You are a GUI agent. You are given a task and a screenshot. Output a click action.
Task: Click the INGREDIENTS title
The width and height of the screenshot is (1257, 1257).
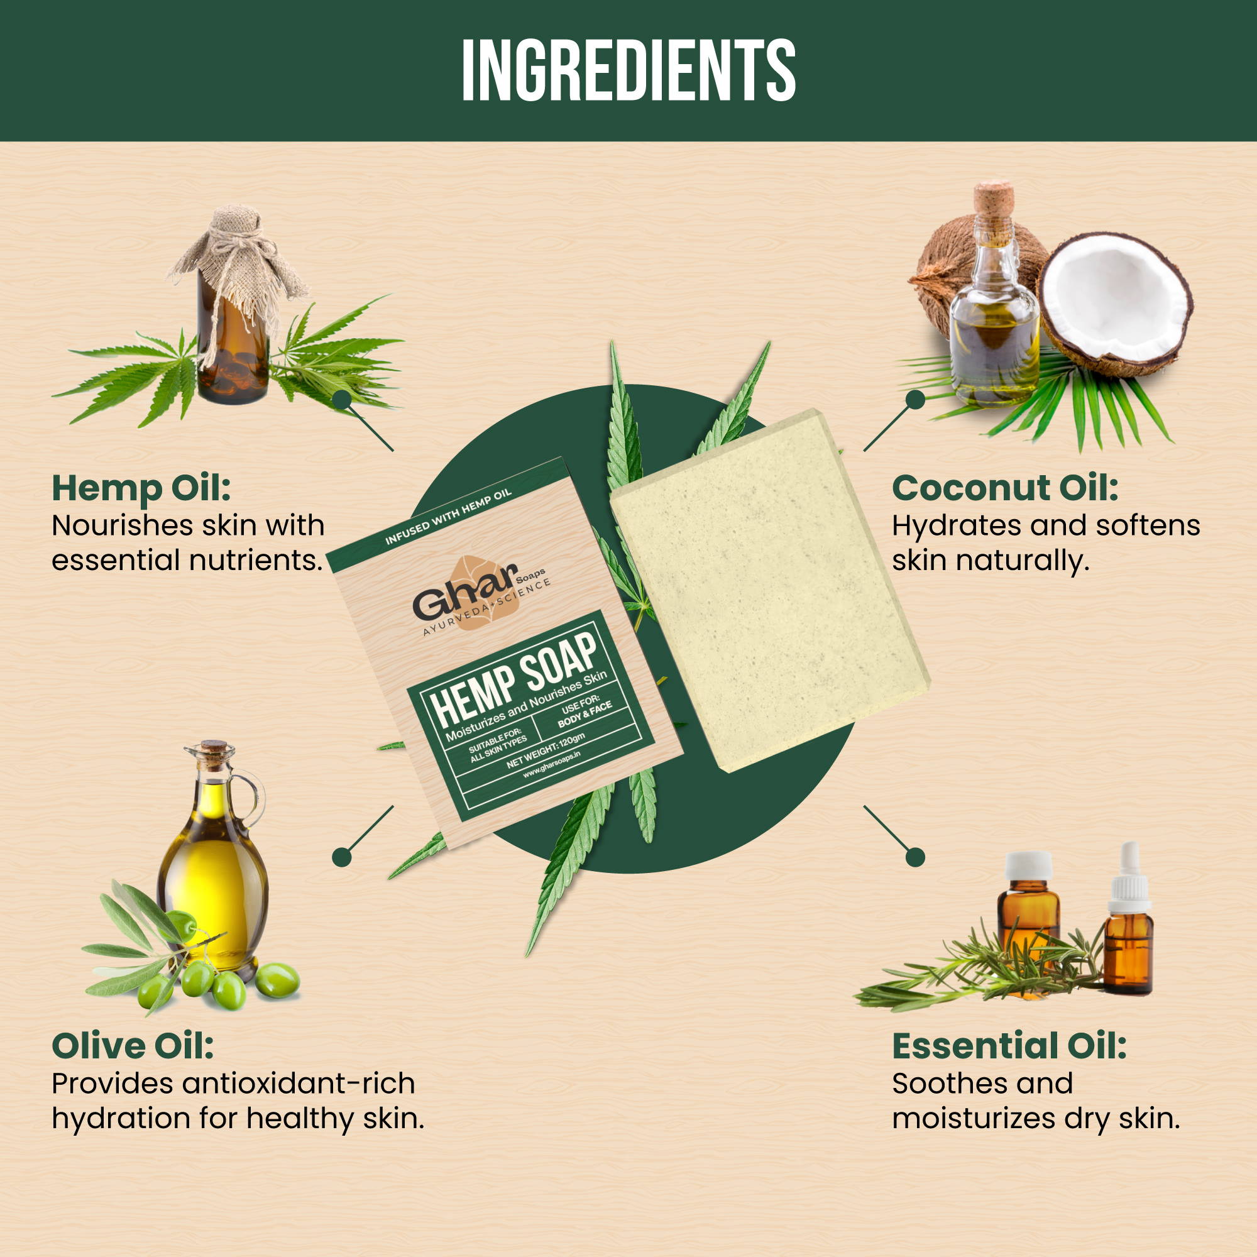click(x=628, y=70)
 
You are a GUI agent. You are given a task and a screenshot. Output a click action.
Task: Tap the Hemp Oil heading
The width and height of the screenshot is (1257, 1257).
click(x=141, y=488)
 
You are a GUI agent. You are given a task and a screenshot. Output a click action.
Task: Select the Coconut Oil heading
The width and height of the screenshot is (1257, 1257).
click(x=1005, y=488)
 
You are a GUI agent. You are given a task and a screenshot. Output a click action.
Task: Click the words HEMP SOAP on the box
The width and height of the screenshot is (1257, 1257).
click(x=514, y=680)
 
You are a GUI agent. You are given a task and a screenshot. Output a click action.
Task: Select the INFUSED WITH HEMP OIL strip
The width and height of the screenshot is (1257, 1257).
click(x=449, y=517)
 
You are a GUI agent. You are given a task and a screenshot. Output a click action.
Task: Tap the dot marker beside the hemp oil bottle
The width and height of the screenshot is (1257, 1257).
click(x=341, y=400)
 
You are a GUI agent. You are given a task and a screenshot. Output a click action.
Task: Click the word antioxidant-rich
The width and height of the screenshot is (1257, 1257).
click(x=298, y=1084)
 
